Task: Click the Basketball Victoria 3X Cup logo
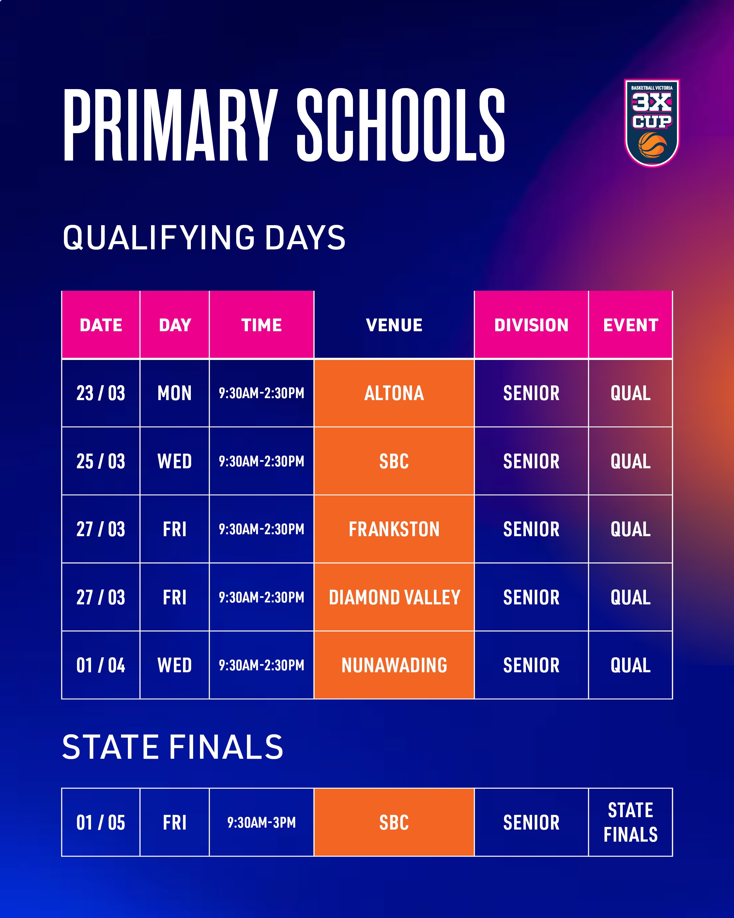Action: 651,123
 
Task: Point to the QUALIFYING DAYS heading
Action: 204,238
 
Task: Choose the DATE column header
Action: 101,325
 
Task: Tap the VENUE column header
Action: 394,325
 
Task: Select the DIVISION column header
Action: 531,325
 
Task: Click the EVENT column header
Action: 630,325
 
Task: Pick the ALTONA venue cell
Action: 394,393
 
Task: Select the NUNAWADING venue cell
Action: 394,665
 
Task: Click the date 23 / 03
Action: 101,393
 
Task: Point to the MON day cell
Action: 175,393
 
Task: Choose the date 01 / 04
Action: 101,665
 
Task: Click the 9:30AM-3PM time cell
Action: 261,822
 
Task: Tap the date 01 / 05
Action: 101,822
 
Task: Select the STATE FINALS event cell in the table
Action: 630,822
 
